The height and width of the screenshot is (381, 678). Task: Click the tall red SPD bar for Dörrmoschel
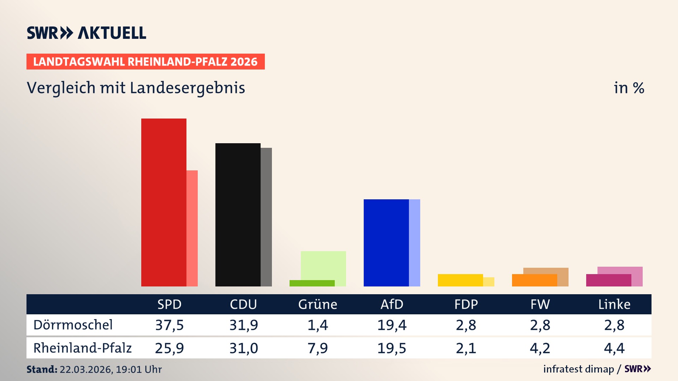pyautogui.click(x=164, y=202)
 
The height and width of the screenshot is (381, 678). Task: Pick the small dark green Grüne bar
pyautogui.click(x=312, y=283)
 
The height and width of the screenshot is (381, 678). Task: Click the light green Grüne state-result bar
pyautogui.click(x=323, y=265)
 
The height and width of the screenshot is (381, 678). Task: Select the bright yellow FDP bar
pyautogui.click(x=460, y=280)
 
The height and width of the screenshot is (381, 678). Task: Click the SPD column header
pyautogui.click(x=169, y=304)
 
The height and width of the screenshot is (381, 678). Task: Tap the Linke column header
pyautogui.click(x=614, y=304)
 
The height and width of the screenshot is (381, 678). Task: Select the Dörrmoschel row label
pyautogui.click(x=73, y=325)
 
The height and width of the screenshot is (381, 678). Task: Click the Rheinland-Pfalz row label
pyautogui.click(x=82, y=348)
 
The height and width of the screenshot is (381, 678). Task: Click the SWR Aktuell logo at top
pyautogui.click(x=87, y=33)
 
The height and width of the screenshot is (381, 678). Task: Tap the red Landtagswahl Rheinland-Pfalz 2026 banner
pyautogui.click(x=145, y=62)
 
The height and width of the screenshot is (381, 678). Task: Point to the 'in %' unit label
pyautogui.click(x=629, y=88)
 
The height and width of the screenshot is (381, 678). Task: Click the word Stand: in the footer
pyautogui.click(x=42, y=369)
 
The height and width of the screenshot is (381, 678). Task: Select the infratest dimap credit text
pyautogui.click(x=578, y=369)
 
